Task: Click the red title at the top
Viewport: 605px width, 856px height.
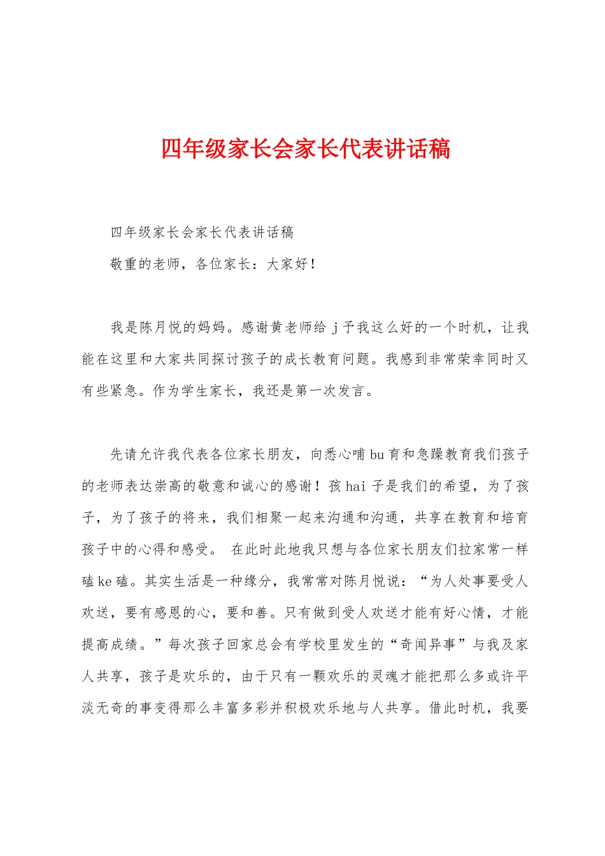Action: point(306,149)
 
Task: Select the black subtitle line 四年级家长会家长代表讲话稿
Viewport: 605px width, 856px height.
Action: point(202,232)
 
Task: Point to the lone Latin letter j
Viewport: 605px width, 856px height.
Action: point(334,327)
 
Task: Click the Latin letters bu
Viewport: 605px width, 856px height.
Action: point(377,454)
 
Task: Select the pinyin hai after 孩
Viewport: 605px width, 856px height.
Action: point(355,486)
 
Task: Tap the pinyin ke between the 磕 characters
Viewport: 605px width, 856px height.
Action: point(104,581)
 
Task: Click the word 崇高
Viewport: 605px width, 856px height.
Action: point(168,486)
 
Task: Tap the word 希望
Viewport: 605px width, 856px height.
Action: point(457,486)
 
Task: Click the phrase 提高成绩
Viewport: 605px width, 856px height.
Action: point(110,645)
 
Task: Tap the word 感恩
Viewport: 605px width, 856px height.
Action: point(168,613)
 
